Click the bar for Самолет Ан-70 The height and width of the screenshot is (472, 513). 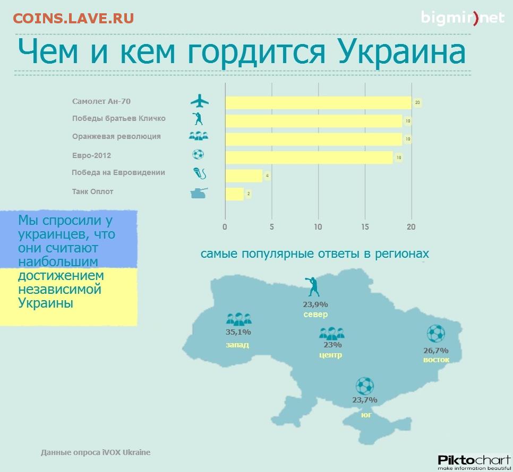point(318,103)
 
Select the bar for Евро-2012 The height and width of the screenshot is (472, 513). point(309,158)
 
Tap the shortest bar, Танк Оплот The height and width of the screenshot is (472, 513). point(235,194)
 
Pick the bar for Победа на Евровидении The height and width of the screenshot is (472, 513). point(244,176)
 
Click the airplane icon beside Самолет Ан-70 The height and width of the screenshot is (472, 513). point(200,101)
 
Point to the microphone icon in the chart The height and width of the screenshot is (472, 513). point(200,173)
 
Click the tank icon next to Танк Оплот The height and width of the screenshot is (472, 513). point(199,193)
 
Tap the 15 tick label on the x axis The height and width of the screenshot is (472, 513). point(365,227)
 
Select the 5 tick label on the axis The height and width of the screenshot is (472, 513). point(271,227)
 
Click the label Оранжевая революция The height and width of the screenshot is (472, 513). point(116,136)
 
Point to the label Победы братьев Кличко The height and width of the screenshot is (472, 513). point(119,118)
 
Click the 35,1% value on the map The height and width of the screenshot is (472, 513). point(238,332)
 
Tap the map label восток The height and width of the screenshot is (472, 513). point(436,360)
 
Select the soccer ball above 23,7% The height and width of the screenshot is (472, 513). point(364,386)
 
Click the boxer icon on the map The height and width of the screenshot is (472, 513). point(312,286)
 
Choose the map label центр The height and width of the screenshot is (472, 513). point(331,355)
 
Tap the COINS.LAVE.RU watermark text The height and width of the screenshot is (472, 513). point(74,18)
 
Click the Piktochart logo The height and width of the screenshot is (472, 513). point(474,462)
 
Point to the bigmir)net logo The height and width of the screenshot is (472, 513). point(463,18)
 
